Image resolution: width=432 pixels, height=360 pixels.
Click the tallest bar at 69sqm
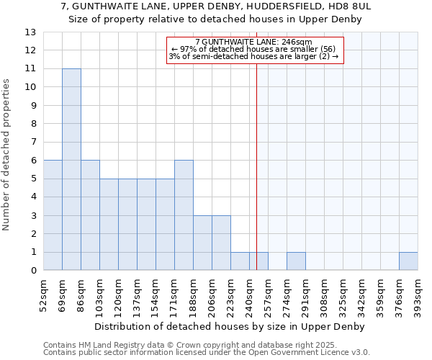(71, 169)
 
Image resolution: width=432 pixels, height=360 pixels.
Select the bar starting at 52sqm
(53, 215)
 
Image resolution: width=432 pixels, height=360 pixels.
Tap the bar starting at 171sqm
(184, 215)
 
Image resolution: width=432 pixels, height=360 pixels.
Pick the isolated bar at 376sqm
(408, 261)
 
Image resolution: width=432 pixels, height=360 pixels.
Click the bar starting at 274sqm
(296, 261)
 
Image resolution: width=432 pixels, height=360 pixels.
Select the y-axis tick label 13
(30, 32)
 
